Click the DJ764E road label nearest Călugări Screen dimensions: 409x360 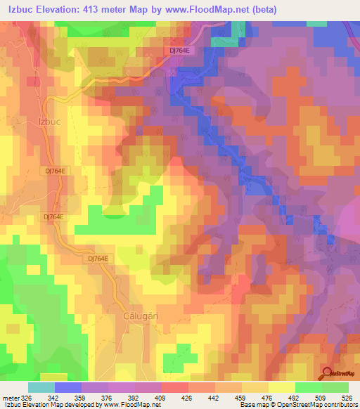coord(99,259)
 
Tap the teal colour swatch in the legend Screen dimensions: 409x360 coord(41,387)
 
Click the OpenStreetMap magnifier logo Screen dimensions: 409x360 coord(328,373)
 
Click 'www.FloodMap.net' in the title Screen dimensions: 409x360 coord(212,10)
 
